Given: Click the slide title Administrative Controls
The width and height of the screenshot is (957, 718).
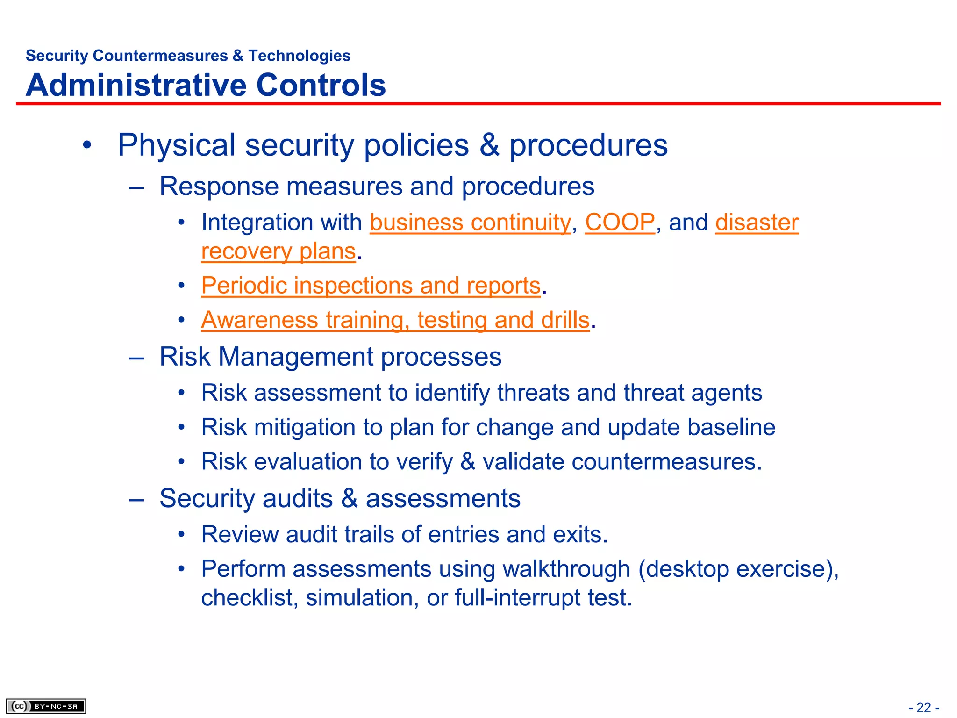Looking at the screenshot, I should (x=206, y=85).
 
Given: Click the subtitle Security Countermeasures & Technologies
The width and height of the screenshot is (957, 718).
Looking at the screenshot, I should (x=188, y=56).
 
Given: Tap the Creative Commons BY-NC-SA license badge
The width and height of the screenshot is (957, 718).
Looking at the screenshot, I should (x=46, y=706).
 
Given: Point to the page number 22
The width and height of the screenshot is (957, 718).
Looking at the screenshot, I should (x=924, y=707).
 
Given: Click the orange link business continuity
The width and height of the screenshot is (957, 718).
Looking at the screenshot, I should (x=470, y=223).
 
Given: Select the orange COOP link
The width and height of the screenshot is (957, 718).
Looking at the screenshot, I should (x=620, y=223).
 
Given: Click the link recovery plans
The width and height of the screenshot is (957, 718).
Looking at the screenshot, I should (x=279, y=251).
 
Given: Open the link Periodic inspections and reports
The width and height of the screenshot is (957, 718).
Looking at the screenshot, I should (x=371, y=286).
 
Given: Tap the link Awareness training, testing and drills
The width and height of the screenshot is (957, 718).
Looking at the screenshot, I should (x=395, y=320).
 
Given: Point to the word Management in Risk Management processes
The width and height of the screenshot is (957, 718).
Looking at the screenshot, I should (x=296, y=357).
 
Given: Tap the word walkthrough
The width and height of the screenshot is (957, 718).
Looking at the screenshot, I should (x=566, y=569).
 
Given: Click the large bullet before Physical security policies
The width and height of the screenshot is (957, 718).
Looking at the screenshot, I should (x=87, y=145).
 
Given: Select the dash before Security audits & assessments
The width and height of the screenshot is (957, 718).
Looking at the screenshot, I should (x=136, y=499).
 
